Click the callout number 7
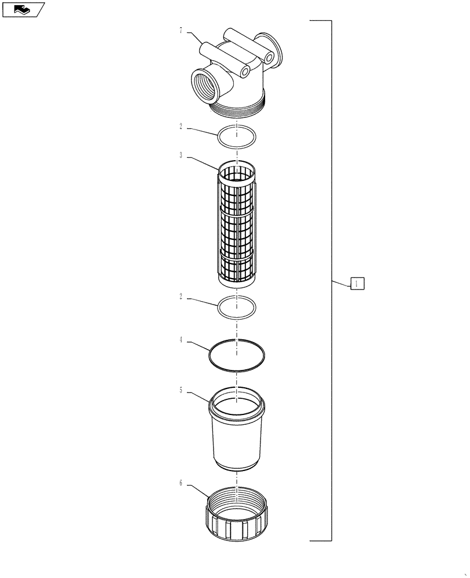click(x=181, y=31)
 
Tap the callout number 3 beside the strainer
click(x=181, y=155)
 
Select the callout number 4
click(x=181, y=340)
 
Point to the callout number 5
click(x=181, y=390)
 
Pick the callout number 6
click(x=181, y=483)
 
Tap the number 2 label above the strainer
click(x=181, y=125)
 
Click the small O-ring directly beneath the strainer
click(x=237, y=306)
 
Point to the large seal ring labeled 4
click(x=237, y=354)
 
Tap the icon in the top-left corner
click(x=23, y=9)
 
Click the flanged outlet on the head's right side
click(x=272, y=49)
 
